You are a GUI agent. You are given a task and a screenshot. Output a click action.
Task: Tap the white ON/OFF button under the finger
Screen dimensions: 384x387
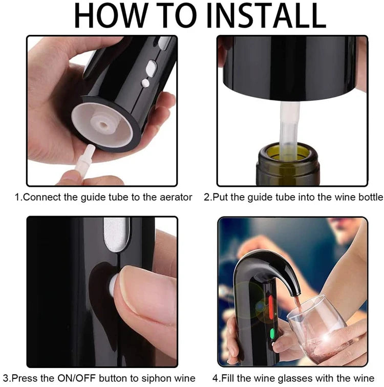tap(114, 286)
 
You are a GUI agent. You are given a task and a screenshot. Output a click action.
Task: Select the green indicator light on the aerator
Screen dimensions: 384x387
tap(272, 333)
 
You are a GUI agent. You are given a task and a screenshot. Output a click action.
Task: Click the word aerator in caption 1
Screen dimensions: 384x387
tap(176, 197)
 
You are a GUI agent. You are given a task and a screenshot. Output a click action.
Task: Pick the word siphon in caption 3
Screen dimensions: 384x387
tap(156, 378)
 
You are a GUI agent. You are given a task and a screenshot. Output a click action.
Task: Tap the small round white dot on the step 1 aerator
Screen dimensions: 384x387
tap(145, 83)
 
